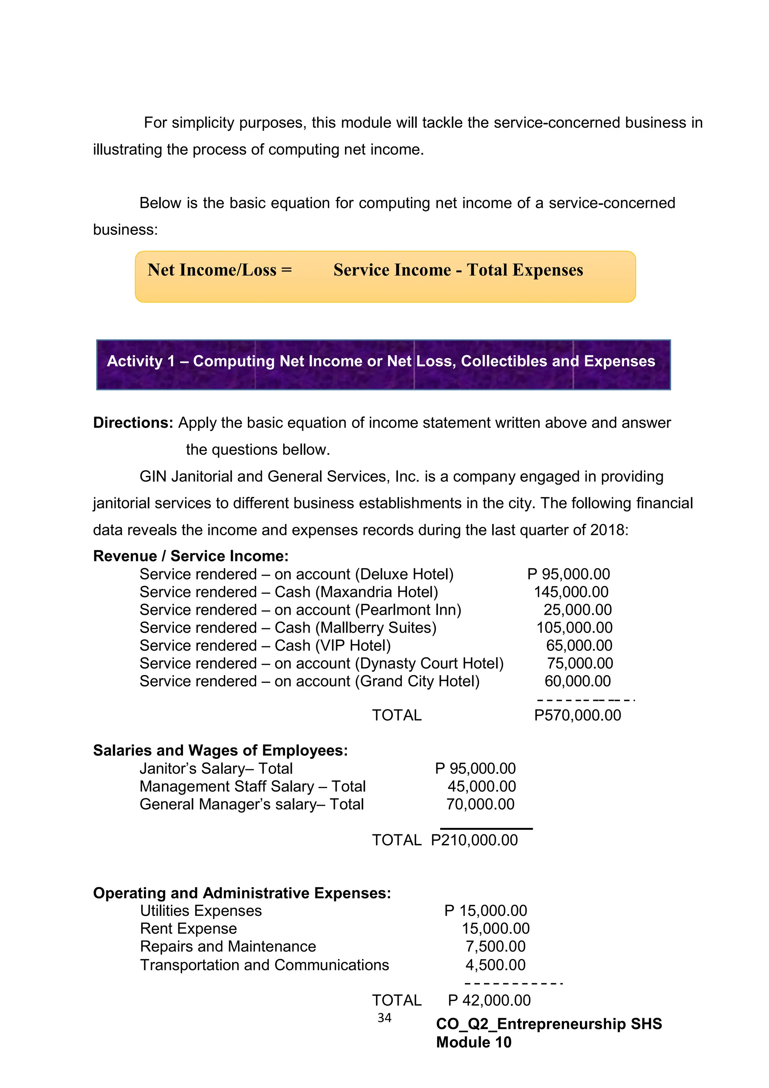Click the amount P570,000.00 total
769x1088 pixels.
pyautogui.click(x=577, y=715)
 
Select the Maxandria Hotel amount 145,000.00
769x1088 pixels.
pyautogui.click(x=571, y=592)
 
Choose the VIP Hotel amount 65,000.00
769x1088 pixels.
pyautogui.click(x=579, y=645)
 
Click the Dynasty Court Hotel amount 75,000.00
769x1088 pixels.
pyautogui.click(x=580, y=663)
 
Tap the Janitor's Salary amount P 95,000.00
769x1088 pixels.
pyautogui.click(x=475, y=769)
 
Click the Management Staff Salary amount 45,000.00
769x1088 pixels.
pyautogui.click(x=482, y=787)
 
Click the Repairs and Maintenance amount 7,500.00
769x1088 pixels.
pyautogui.click(x=495, y=947)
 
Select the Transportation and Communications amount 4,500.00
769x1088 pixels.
pyautogui.click(x=495, y=965)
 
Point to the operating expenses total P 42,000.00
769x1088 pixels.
pyautogui.click(x=489, y=1000)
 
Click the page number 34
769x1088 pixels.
pyautogui.click(x=384, y=1018)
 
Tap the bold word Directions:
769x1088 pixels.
pyautogui.click(x=133, y=423)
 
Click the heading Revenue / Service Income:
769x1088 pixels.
pyautogui.click(x=190, y=556)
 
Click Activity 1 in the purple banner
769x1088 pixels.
pyautogui.click(x=141, y=361)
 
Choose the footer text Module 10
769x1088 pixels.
pyautogui.click(x=473, y=1043)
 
